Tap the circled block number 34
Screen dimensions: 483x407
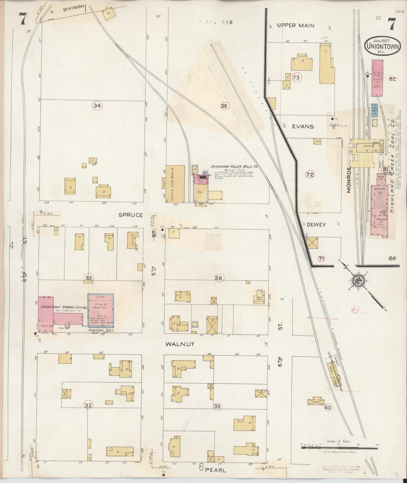click(97, 106)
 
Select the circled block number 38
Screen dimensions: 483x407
click(218, 278)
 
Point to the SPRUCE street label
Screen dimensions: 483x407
click(131, 215)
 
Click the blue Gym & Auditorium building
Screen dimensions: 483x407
click(101, 311)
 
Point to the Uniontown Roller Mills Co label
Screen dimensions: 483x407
click(234, 167)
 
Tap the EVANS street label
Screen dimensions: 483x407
click(303, 127)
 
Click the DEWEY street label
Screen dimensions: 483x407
click(316, 225)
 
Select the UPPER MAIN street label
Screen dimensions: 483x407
click(295, 25)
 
